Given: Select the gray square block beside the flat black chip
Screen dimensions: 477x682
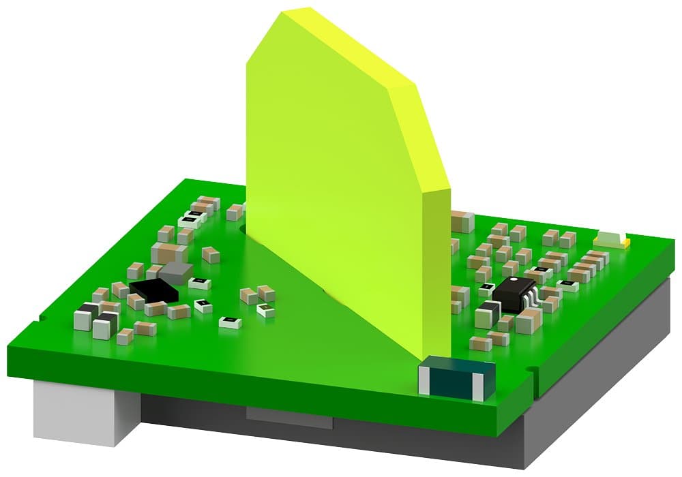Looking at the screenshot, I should click(x=177, y=273).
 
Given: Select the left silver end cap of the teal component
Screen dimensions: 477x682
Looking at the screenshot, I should click(x=425, y=380).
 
